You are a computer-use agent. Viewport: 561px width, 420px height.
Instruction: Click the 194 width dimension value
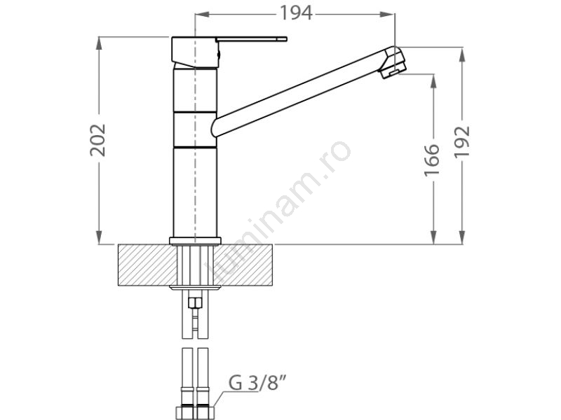click(295, 13)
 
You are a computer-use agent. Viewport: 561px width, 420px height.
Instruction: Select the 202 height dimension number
click(97, 140)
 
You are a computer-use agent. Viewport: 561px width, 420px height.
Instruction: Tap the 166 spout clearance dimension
click(432, 160)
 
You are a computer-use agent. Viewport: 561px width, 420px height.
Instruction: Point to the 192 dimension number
click(461, 142)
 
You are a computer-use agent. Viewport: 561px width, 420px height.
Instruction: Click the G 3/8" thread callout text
click(257, 383)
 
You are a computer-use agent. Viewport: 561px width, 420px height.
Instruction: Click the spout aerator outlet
click(391, 73)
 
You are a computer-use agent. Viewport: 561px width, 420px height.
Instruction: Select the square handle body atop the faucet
click(195, 52)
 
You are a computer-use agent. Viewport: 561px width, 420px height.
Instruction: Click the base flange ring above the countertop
click(195, 241)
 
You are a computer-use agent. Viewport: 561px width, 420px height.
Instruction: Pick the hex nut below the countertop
click(195, 303)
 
